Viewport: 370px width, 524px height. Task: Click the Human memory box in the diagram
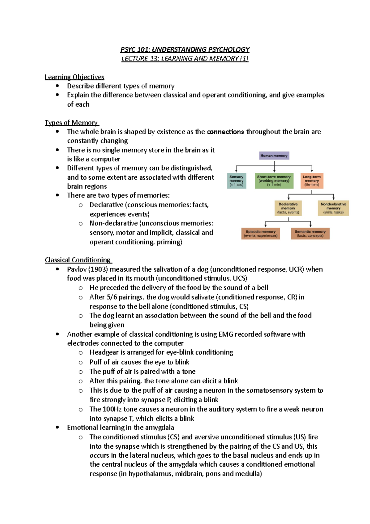274,156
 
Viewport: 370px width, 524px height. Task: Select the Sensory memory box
236,181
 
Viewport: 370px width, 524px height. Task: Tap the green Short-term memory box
274,181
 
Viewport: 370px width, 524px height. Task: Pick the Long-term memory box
312,181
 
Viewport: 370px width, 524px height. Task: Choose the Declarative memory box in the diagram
288,208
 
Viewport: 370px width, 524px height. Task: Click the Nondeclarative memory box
333,208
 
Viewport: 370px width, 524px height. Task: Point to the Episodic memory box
261,234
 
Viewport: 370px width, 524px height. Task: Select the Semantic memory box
310,234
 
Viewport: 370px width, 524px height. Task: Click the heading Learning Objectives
74,77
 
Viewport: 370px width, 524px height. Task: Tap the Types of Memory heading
71,123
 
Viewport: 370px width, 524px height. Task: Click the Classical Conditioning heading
78,260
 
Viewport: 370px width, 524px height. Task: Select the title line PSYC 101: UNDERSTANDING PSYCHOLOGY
185,49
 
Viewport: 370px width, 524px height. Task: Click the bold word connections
225,132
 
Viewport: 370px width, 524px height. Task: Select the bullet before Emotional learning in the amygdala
57,427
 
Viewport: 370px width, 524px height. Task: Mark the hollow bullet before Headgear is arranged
80,353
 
